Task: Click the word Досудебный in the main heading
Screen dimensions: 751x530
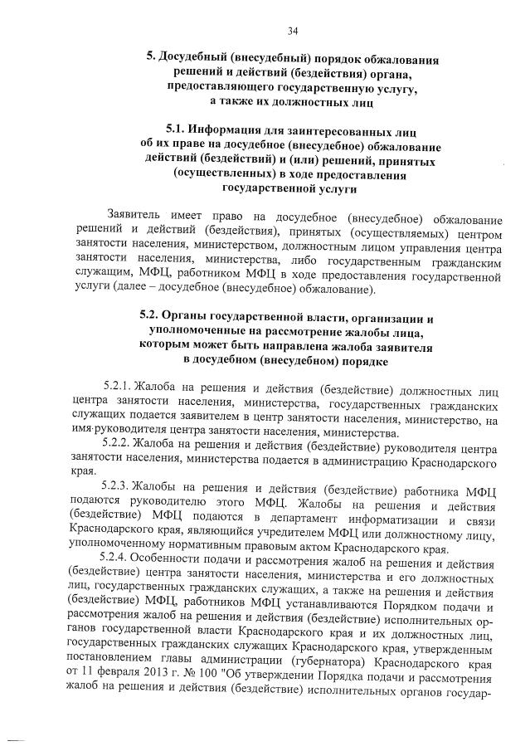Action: pyautogui.click(x=192, y=61)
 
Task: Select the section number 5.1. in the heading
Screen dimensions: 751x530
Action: pyautogui.click(x=175, y=129)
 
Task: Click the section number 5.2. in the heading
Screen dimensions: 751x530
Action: pyautogui.click(x=151, y=318)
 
